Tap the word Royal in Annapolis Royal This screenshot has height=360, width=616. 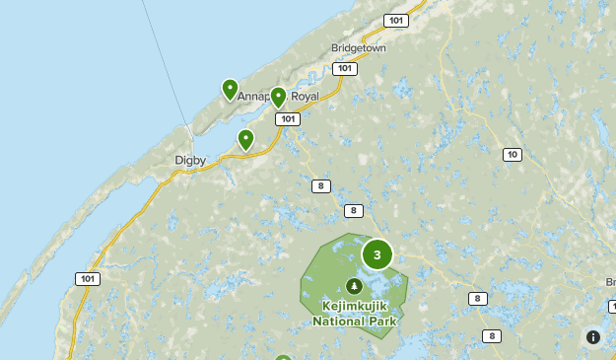pyautogui.click(x=310, y=96)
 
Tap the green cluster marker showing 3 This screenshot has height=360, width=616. pyautogui.click(x=377, y=254)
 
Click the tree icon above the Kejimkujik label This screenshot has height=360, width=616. pyautogui.click(x=355, y=286)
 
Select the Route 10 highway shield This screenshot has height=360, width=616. pyautogui.click(x=512, y=155)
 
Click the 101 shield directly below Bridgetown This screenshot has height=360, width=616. pyautogui.click(x=344, y=69)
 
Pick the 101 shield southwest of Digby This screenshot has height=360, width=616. pyautogui.click(x=88, y=279)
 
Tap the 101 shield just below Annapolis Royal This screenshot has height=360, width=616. pyautogui.click(x=287, y=119)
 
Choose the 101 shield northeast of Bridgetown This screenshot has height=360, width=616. pyautogui.click(x=396, y=21)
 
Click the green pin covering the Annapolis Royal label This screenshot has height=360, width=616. pyautogui.click(x=278, y=97)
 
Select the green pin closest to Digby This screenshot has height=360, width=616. pyautogui.click(x=245, y=140)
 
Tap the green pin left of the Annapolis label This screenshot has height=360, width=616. pyautogui.click(x=230, y=90)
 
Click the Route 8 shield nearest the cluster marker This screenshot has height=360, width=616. pyautogui.click(x=354, y=210)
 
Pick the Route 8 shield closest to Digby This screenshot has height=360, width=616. pyautogui.click(x=320, y=186)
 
